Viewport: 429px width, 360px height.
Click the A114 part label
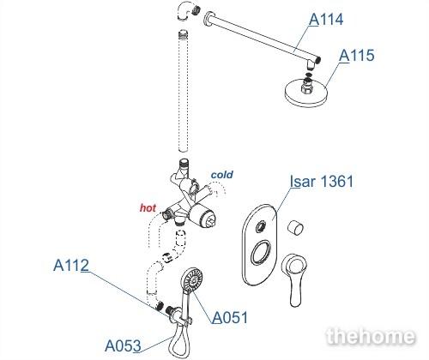point(326,20)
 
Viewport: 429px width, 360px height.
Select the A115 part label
point(356,55)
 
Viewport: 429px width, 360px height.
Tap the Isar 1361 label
point(322,181)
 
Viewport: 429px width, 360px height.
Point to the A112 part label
point(71,265)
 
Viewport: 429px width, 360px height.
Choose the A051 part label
point(230,317)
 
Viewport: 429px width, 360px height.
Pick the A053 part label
point(123,345)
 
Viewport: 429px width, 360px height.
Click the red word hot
point(148,207)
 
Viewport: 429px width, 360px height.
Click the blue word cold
point(222,175)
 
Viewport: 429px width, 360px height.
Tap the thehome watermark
point(371,336)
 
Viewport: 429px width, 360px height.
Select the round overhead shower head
point(305,93)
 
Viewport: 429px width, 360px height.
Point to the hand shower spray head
point(192,279)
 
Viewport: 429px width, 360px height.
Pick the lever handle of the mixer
point(293,280)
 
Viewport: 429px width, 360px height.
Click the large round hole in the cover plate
point(261,251)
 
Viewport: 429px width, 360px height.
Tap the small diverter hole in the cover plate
point(261,226)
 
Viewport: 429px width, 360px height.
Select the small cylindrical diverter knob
point(295,228)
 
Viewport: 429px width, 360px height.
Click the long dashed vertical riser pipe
point(183,91)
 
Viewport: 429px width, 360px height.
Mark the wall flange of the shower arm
point(208,20)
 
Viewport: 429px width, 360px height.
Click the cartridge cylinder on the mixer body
point(202,217)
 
